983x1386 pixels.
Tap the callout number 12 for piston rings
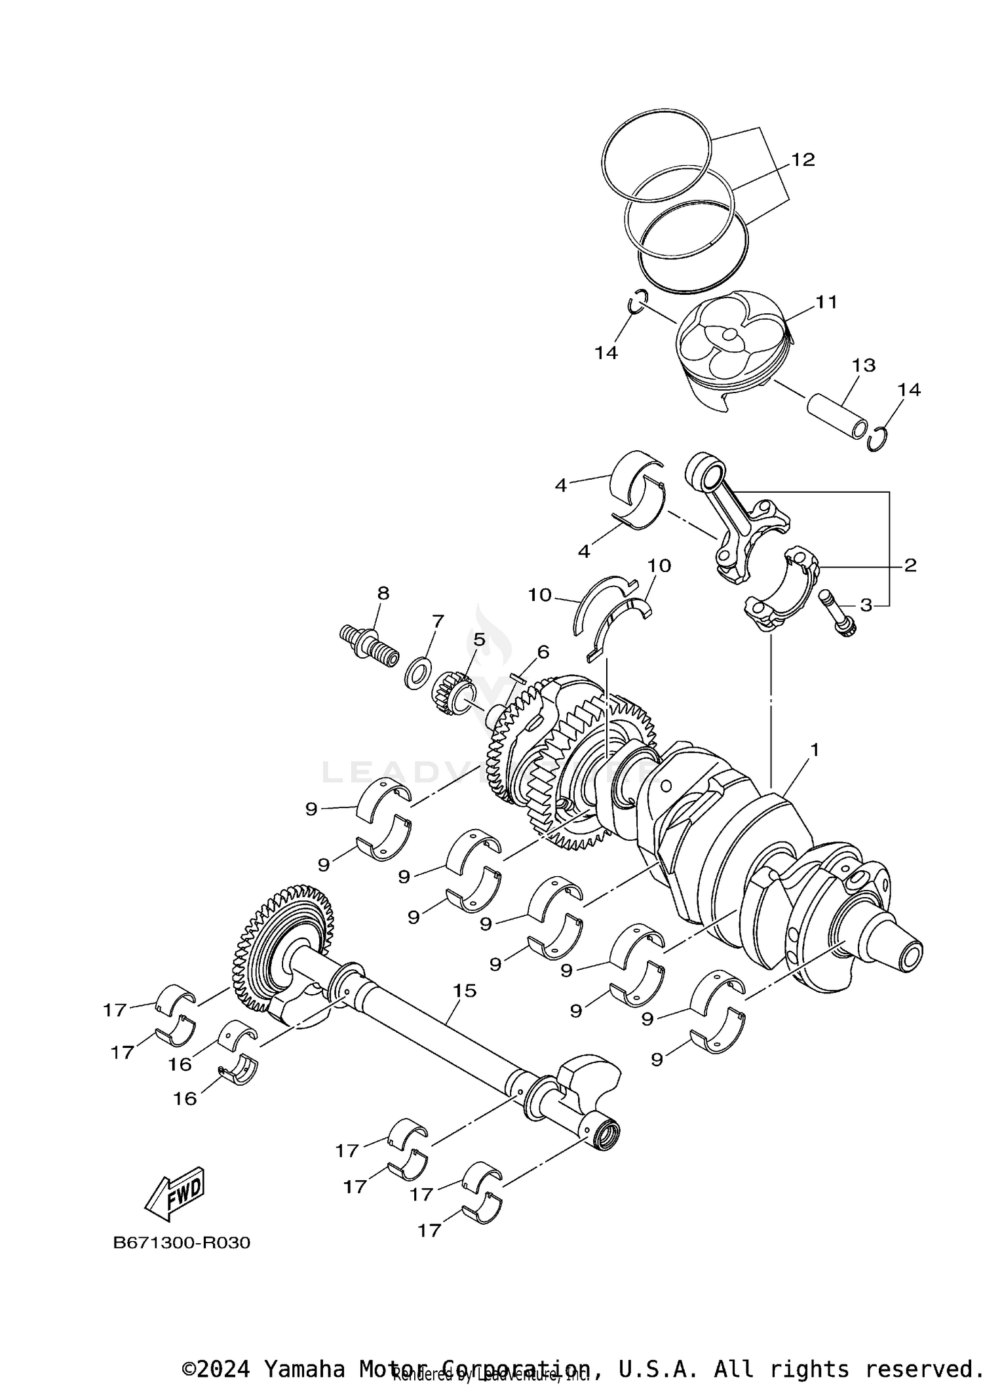pyautogui.click(x=802, y=159)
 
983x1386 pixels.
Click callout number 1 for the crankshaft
pyautogui.click(x=815, y=749)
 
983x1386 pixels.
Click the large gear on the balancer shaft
pyautogui.click(x=283, y=947)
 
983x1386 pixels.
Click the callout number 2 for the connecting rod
pyautogui.click(x=910, y=565)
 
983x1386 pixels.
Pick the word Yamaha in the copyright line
pyautogui.click(x=305, y=1369)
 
